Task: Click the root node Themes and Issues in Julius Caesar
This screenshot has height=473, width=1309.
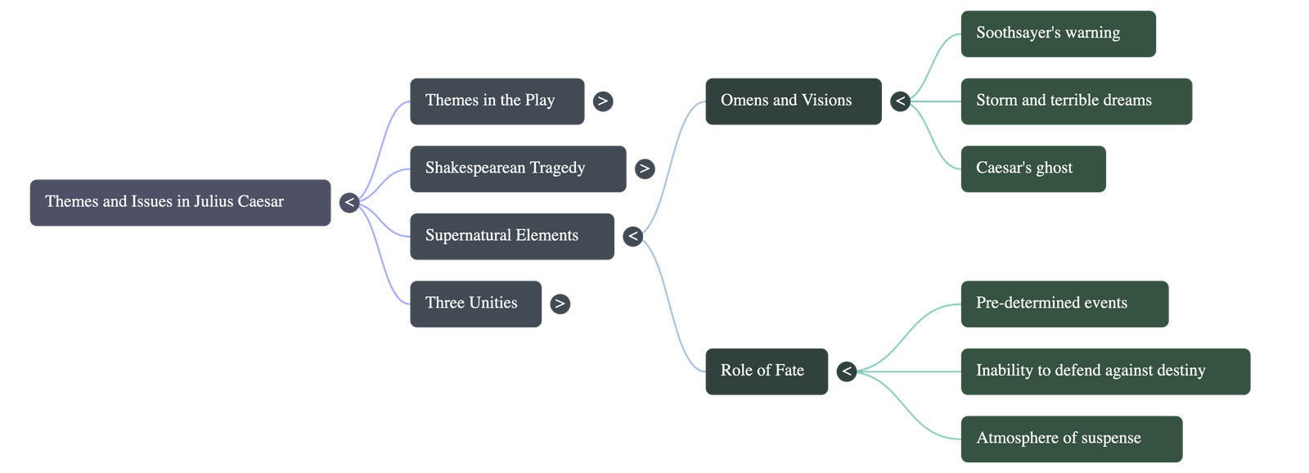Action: pos(180,202)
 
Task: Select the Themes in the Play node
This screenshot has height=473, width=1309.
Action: pos(497,101)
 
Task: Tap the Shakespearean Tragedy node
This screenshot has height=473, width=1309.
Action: pos(517,169)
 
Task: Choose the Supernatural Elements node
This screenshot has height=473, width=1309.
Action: pos(511,236)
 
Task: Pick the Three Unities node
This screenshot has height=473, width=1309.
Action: pos(475,304)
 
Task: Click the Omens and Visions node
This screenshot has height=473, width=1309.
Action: pos(792,101)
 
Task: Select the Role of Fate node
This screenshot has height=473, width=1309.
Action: pos(766,371)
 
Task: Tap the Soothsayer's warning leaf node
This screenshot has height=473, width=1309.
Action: pos(1057,34)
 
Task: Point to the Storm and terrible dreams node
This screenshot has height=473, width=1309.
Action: pos(1075,101)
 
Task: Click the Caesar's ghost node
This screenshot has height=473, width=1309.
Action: pos(1032,169)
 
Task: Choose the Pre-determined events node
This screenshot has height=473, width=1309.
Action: pos(1064,304)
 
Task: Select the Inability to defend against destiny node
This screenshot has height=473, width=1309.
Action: pos(1104,371)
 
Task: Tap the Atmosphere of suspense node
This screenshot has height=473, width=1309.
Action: pos(1070,439)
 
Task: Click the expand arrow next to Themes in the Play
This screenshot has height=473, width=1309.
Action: pos(602,101)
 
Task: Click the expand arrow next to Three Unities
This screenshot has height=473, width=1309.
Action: pos(559,304)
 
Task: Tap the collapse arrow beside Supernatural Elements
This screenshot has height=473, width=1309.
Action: pos(632,236)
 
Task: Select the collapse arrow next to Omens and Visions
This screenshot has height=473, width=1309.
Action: pos(900,101)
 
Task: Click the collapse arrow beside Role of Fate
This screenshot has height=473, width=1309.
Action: pos(847,372)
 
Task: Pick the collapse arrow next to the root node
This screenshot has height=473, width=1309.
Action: pos(349,202)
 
